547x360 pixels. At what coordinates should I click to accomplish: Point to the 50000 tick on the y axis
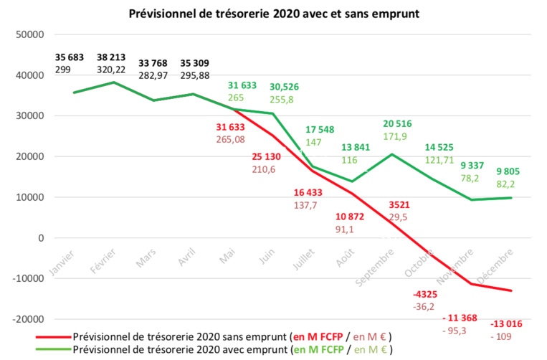pos(31,34)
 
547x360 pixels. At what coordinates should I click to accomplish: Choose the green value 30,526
pos(285,87)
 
